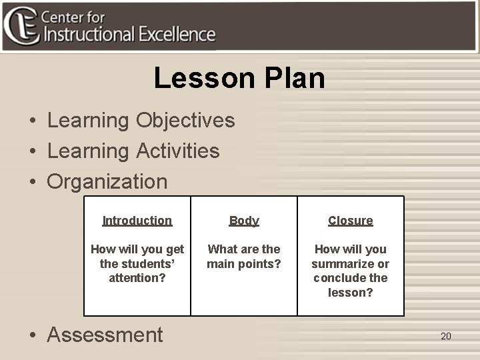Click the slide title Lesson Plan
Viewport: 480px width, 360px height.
coord(239,78)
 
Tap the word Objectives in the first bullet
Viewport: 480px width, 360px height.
coord(185,121)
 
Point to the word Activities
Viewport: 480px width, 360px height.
coord(177,151)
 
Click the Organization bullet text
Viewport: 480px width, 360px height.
coord(107,181)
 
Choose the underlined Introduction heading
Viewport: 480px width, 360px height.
coord(137,221)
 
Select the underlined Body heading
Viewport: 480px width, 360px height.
coord(244,221)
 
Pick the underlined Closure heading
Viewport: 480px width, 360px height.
coord(351,221)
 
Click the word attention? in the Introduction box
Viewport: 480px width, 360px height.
coord(137,277)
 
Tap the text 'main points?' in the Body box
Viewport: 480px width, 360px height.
coord(244,263)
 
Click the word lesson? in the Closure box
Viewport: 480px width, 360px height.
coord(351,292)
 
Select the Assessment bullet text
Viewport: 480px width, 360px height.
coord(105,335)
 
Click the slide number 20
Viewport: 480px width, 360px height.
coord(446,336)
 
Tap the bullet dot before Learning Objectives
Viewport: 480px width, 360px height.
coord(32,122)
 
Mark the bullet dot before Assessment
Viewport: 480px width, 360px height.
coord(32,335)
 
